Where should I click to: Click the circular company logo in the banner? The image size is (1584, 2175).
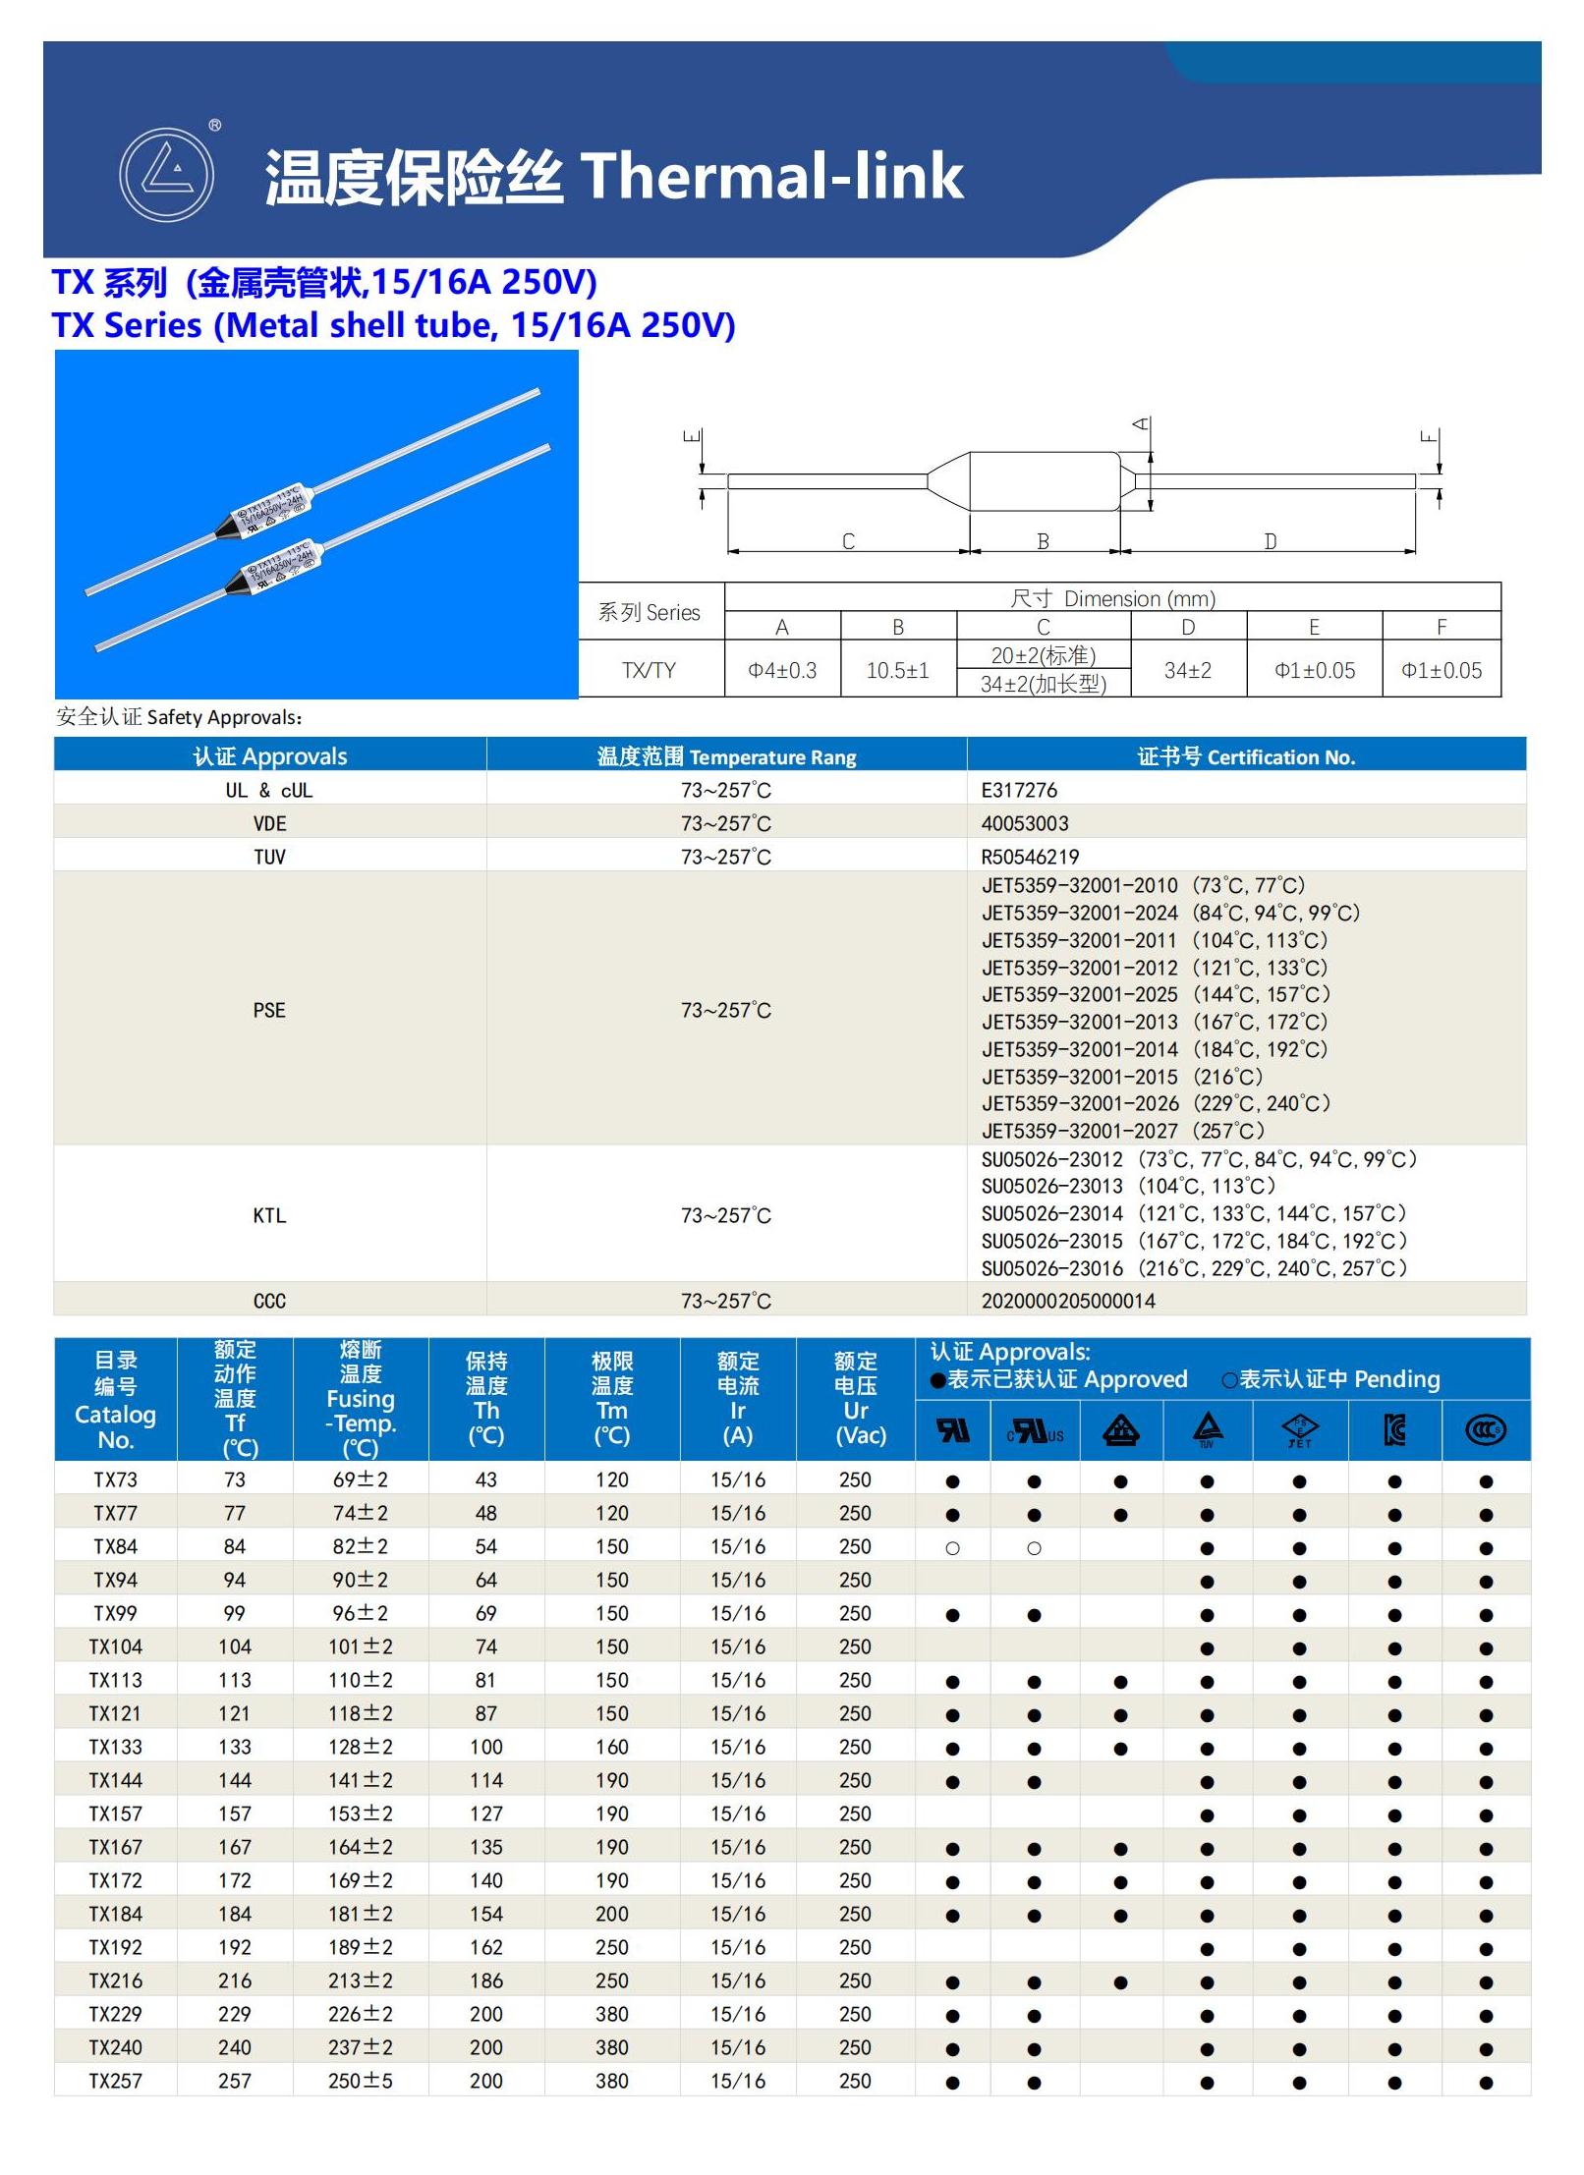coord(166,175)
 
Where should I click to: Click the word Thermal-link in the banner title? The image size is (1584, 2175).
coord(772,177)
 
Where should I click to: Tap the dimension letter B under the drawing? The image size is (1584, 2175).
coord(1043,541)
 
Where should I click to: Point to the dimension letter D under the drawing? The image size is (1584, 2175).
coord(1270,541)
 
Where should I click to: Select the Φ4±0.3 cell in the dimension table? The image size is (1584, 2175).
coord(782,670)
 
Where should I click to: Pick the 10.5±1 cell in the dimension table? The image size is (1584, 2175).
coord(897,670)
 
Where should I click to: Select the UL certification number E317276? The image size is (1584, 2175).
coord(1019,790)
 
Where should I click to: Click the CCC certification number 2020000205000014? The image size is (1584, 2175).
coord(1068,1301)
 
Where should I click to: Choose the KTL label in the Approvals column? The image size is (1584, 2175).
coord(269,1215)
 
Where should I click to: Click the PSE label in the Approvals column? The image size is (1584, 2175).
coord(269,1010)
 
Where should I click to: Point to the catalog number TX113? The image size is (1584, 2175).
coord(116,1680)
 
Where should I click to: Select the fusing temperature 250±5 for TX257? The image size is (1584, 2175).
coord(360,2081)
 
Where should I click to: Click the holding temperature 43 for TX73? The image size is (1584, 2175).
coord(486,1479)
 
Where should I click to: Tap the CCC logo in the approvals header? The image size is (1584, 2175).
coord(1485,1430)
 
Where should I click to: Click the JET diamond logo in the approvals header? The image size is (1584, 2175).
coord(1299,1430)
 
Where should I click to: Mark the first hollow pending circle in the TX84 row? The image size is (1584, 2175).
coord(952,1548)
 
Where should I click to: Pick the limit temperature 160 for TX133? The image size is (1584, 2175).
coord(611,1747)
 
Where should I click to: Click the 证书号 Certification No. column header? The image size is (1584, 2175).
coord(1246,756)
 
